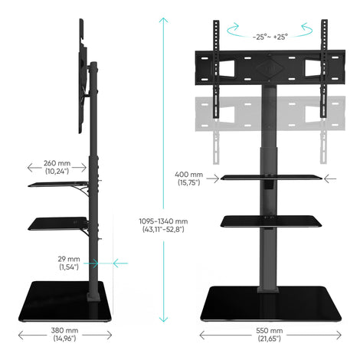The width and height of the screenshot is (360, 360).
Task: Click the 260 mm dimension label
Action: (x=57, y=167)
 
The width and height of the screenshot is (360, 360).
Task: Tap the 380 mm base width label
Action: (x=64, y=334)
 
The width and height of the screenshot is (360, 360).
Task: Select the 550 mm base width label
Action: (x=270, y=335)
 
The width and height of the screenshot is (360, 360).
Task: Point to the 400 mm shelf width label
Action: (x=189, y=178)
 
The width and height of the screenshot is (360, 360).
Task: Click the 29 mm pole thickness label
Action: (x=69, y=263)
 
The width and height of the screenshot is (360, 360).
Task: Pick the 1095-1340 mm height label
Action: (x=163, y=225)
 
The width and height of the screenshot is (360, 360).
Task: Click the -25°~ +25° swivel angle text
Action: (x=270, y=37)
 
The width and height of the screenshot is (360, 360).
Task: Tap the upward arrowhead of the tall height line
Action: (x=163, y=21)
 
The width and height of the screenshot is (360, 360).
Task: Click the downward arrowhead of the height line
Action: (x=163, y=319)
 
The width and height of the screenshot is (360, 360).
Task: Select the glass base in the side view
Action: (x=65, y=301)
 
